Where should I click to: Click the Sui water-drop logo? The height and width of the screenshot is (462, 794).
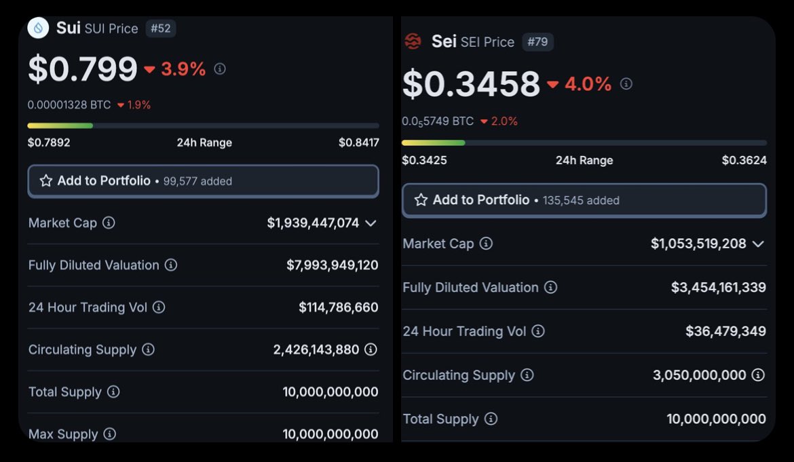click(x=38, y=28)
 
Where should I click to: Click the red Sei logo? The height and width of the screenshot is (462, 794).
click(x=413, y=41)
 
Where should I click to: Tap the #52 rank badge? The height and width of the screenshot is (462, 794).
click(x=161, y=28)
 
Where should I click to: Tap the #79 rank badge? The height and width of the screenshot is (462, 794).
click(x=537, y=42)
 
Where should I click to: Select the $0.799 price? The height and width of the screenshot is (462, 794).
click(x=83, y=69)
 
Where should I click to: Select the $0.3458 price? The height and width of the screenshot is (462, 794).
click(x=471, y=84)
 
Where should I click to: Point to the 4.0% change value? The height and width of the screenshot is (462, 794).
click(x=588, y=84)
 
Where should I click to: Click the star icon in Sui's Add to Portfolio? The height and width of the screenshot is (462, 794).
click(x=46, y=181)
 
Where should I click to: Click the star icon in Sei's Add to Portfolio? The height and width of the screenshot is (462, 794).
click(x=421, y=200)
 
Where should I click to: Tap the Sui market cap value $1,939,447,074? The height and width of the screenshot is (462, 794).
click(x=313, y=223)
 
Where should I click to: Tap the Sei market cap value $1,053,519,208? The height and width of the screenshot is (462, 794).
click(x=698, y=244)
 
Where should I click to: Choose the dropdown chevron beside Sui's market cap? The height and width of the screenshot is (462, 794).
click(x=371, y=223)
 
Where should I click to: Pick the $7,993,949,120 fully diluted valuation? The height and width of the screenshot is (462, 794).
click(x=332, y=265)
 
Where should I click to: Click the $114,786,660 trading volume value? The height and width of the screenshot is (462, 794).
click(x=338, y=307)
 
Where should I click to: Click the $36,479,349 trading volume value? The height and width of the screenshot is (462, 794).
click(x=725, y=331)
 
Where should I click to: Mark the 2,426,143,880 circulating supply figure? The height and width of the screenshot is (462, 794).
click(x=316, y=349)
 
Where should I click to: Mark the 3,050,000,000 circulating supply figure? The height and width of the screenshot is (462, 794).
click(x=699, y=375)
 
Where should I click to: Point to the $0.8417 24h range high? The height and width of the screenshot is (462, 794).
click(x=358, y=142)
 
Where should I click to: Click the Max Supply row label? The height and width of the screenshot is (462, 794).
click(x=63, y=434)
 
